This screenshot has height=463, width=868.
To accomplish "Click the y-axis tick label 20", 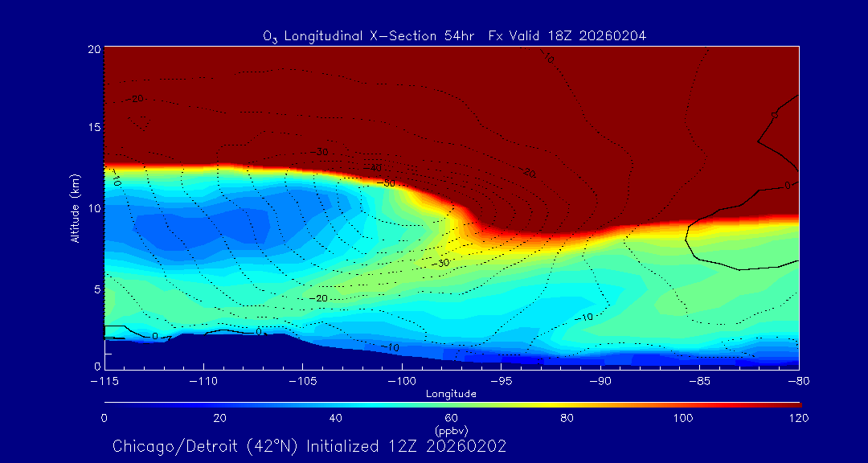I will point(94,49).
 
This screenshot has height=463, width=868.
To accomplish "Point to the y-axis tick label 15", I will point(94,128).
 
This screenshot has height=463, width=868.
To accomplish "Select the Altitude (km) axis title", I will point(76,207).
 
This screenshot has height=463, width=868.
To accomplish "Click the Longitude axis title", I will point(452,394).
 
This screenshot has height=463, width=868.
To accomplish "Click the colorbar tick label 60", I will point(452,418).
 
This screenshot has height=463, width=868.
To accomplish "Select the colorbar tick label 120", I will point(798,418).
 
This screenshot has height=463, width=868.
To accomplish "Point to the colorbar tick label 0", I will point(104,418).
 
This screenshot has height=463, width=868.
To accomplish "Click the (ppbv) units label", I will point(452,430).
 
